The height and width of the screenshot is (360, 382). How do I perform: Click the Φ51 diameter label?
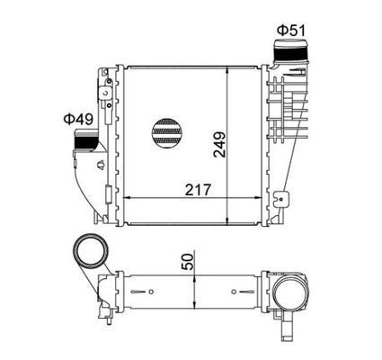pyautogui.click(x=291, y=30)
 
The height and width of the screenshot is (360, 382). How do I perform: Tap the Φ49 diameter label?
pyautogui.click(x=78, y=119)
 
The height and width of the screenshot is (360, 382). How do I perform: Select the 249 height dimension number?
pyautogui.click(x=219, y=144)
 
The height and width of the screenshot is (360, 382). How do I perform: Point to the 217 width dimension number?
pyautogui.click(x=198, y=190)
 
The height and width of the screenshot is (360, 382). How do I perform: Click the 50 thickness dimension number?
pyautogui.click(x=188, y=261)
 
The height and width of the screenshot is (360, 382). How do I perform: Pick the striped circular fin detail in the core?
pyautogui.click(x=167, y=132)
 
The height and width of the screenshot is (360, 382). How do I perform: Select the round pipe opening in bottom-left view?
pyautogui.click(x=91, y=251)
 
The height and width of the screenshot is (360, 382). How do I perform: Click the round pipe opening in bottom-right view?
pyautogui.click(x=290, y=292)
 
